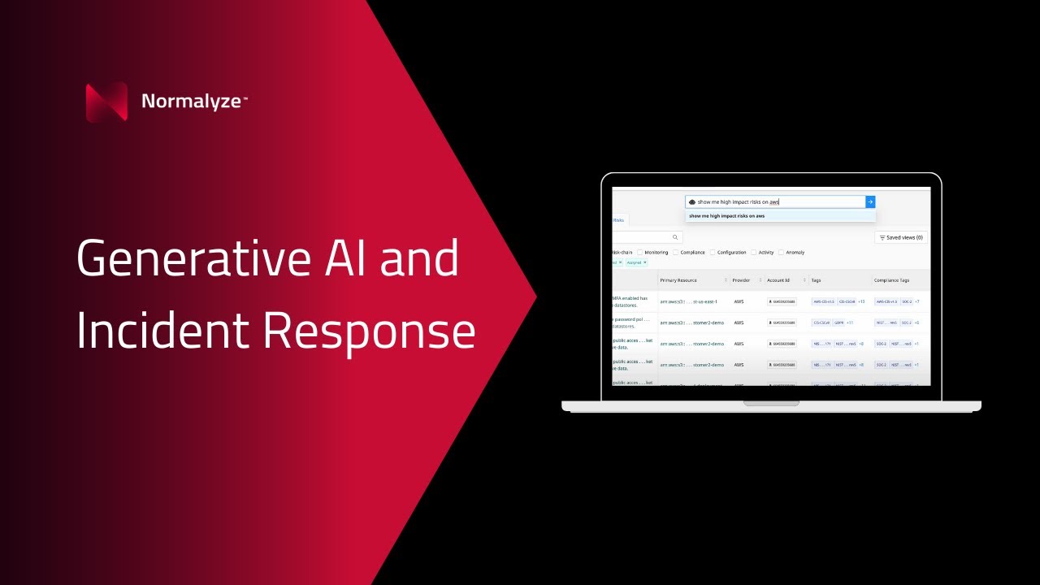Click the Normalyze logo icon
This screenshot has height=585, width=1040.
(x=106, y=102)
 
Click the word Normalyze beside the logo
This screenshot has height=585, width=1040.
(x=191, y=102)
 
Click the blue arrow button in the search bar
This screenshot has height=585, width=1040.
(x=870, y=201)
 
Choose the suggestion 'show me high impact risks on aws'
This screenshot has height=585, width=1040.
(x=726, y=216)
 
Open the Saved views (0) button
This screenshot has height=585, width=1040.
(x=901, y=237)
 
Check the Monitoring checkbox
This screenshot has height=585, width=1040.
(x=640, y=253)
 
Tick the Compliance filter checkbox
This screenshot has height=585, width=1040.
(x=676, y=253)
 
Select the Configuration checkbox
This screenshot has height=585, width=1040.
(x=713, y=253)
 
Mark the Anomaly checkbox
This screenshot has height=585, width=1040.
(x=782, y=253)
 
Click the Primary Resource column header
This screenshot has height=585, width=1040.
(x=678, y=280)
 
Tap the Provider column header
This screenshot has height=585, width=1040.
(x=741, y=280)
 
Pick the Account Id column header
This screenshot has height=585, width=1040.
(x=778, y=280)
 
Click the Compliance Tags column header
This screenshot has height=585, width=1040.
(x=891, y=280)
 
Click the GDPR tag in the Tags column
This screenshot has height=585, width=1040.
(x=838, y=323)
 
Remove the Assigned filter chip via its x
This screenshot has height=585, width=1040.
(x=645, y=262)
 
